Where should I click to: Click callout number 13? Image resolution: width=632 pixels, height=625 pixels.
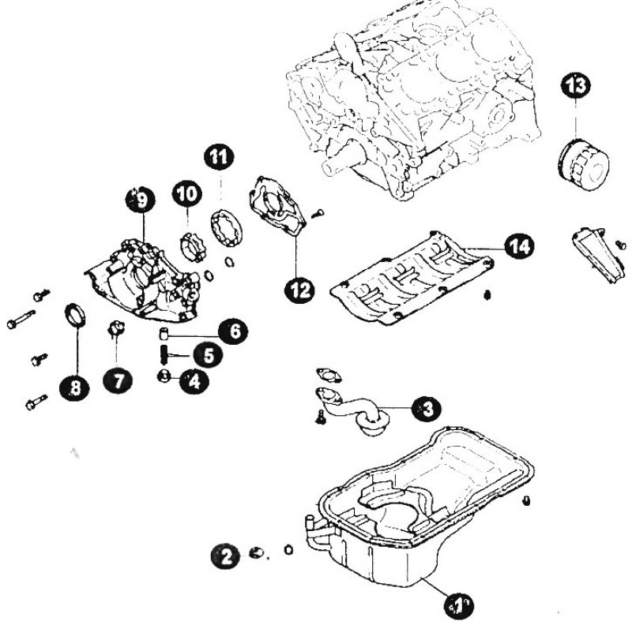[576, 86]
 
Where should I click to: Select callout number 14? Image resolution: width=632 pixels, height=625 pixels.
[519, 245]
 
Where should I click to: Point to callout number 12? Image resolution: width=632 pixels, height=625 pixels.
[299, 290]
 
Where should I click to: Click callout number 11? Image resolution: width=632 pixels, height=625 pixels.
[220, 157]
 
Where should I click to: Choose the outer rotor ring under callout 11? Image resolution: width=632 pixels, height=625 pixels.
[228, 227]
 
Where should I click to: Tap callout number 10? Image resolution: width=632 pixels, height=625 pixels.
[187, 193]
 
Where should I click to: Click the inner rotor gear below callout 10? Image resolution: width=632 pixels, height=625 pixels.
[192, 246]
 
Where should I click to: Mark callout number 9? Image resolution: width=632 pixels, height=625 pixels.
[141, 200]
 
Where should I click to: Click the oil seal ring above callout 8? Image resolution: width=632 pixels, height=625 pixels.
[75, 315]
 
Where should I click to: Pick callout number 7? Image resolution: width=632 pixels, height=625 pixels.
[117, 380]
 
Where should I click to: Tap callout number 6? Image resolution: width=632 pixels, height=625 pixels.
[233, 331]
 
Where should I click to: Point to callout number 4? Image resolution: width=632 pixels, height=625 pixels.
[194, 380]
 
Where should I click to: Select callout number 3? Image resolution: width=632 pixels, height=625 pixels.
[427, 410]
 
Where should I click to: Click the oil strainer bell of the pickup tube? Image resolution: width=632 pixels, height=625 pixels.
[373, 424]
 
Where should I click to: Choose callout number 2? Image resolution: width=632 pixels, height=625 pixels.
[226, 556]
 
